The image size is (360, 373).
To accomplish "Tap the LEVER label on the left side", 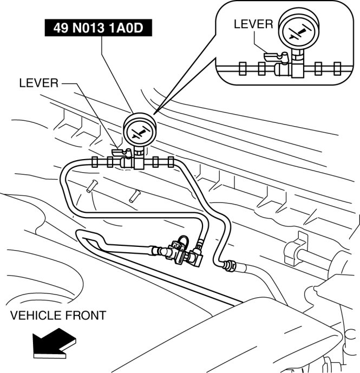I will tap(38, 83).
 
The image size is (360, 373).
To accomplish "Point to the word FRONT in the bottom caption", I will tap(87, 315).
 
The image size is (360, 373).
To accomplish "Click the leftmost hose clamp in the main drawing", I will tap(95, 161).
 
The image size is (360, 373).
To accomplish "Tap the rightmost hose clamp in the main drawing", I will tap(171, 161).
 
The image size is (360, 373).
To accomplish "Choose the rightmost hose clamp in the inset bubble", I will tap(337, 69).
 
